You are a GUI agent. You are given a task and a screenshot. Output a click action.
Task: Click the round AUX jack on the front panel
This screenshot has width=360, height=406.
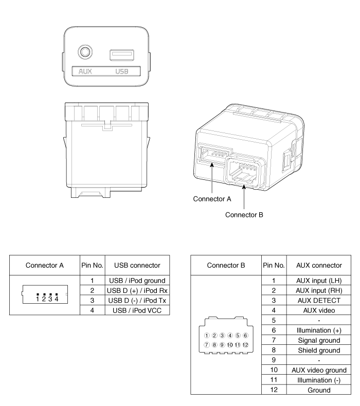point(85,52)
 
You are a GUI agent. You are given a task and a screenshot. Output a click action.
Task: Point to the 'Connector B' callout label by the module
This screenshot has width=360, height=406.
point(245,215)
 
